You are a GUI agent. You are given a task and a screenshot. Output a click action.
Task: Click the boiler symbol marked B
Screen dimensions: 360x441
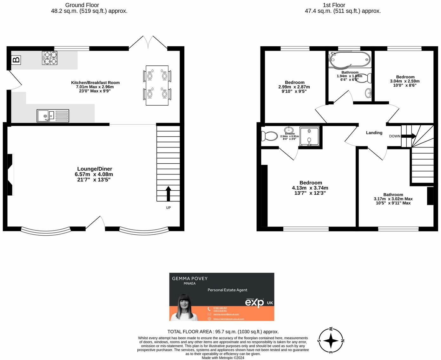coord(16,59)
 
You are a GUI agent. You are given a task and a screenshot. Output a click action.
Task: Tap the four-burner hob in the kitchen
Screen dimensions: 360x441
coord(49,58)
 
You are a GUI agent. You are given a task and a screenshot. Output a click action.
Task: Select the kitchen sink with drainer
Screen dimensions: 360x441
coord(53,116)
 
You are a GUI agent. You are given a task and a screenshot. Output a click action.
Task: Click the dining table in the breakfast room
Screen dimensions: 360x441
coord(157,85)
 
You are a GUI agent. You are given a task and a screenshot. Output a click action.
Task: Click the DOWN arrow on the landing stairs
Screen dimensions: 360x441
coord(409,136)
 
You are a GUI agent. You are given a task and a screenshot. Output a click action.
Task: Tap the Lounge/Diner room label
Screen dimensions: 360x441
coord(95,169)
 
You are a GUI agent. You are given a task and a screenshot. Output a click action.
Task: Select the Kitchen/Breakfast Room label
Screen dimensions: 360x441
coord(95,82)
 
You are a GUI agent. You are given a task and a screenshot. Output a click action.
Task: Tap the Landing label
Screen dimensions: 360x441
coord(374,133)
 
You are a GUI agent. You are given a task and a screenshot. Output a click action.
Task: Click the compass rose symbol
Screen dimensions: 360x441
coord(331,341)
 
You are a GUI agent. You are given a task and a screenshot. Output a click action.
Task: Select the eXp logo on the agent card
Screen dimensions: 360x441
coord(254,303)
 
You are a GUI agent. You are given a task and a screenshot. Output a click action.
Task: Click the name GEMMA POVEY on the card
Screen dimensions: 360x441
coord(190,278)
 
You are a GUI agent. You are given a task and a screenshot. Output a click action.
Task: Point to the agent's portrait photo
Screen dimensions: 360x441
coord(184,308)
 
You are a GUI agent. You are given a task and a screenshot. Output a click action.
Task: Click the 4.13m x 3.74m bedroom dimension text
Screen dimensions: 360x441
coord(310,188)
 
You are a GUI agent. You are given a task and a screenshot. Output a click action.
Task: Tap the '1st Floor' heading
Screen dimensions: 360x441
coord(334,5)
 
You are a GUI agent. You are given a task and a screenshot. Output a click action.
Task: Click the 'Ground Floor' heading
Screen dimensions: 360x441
coord(82,5)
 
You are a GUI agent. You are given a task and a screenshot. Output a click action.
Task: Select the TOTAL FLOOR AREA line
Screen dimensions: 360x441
coord(223,331)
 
